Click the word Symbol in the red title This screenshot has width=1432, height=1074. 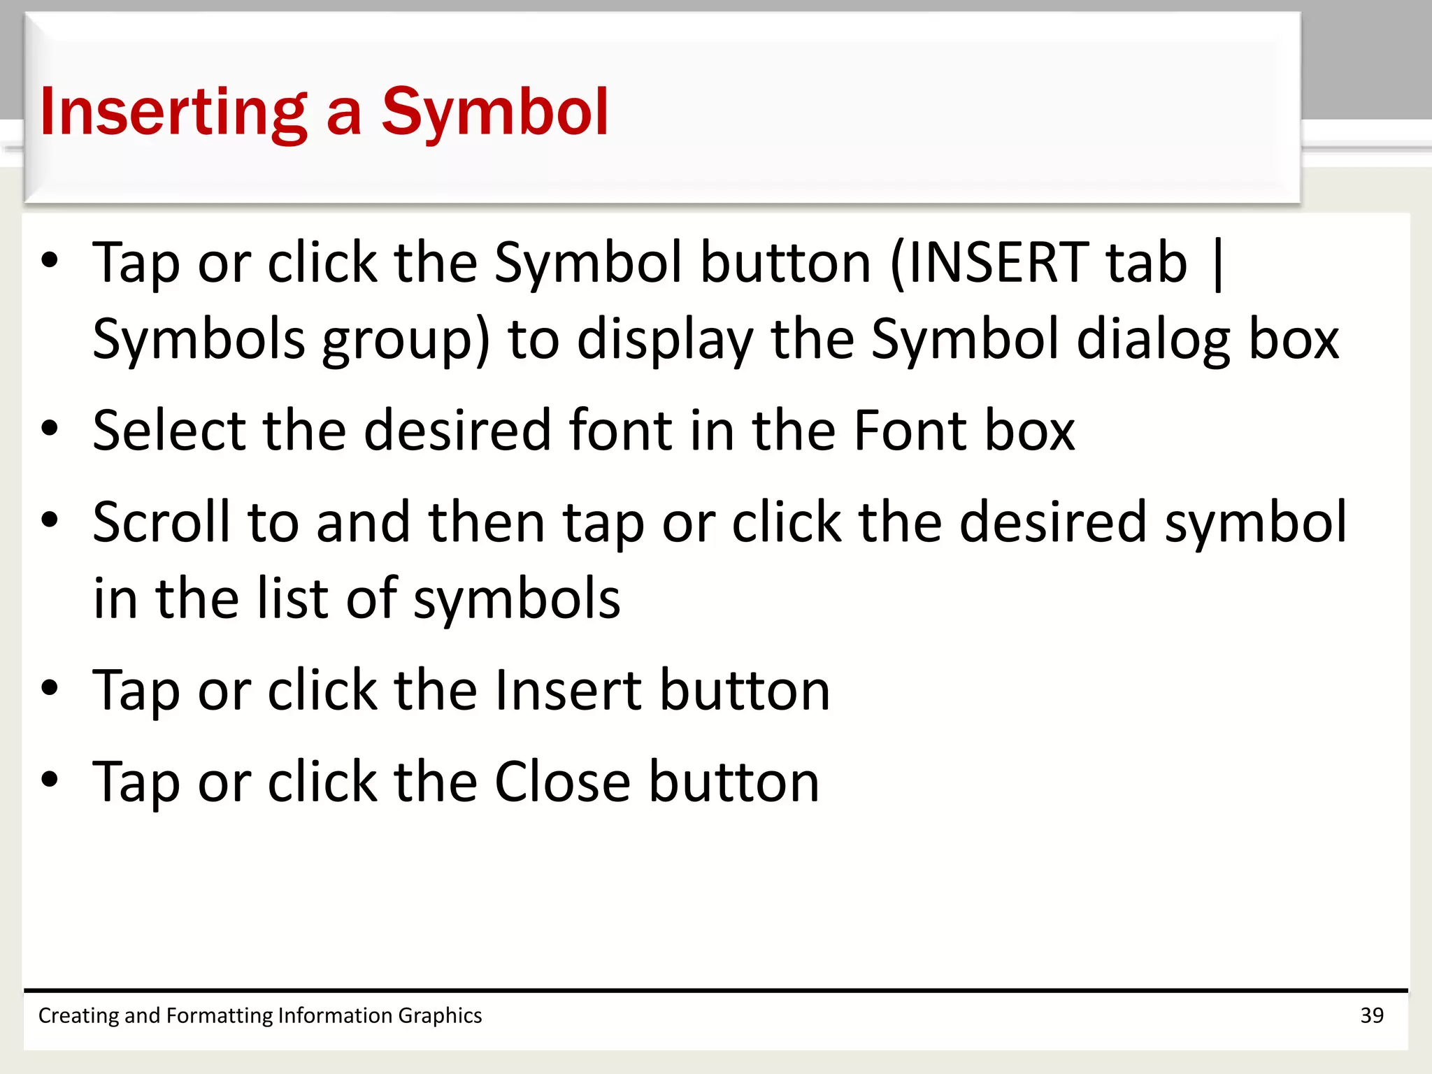494,112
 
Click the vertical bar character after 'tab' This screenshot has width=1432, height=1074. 1219,264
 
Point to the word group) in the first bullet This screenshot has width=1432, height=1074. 406,340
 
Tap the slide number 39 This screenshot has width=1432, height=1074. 1372,1015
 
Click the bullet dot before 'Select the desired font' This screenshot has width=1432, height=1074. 50,428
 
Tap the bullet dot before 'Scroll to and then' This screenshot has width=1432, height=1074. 50,520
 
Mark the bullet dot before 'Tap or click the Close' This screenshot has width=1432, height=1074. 50,779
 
